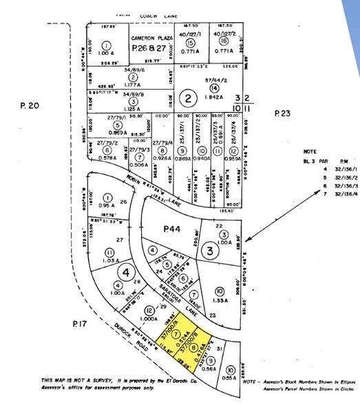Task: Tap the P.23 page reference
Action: (x=283, y=114)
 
